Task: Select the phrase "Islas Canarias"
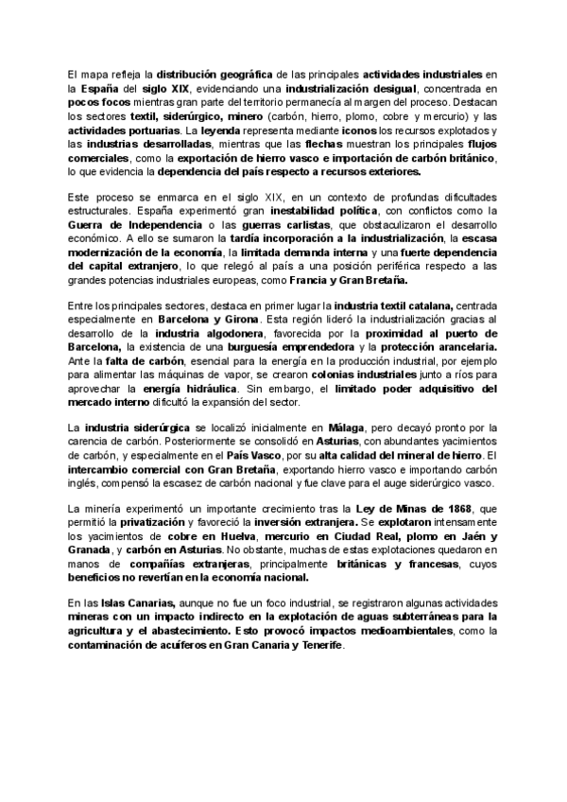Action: tap(131, 603)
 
